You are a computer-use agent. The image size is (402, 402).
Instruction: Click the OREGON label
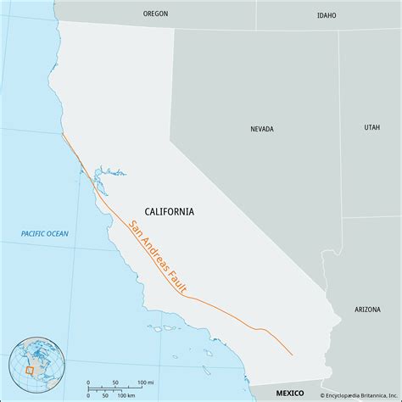coord(155,14)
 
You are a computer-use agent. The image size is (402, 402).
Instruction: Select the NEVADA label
coord(261,130)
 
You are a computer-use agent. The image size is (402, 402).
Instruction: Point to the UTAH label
coord(372,127)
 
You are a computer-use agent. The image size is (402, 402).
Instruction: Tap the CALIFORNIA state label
coord(169,211)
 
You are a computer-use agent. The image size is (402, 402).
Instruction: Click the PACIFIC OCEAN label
coord(45,233)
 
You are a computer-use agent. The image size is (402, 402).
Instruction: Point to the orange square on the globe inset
coord(31,370)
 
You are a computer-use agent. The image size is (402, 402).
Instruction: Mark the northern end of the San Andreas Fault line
coord(63,133)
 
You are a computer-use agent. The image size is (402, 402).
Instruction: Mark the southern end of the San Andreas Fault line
coord(293,355)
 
